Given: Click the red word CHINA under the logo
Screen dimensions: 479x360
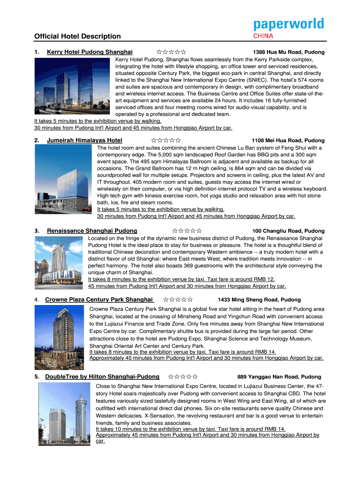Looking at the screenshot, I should point(264,36).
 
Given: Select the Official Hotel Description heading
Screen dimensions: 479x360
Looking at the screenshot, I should point(77,36).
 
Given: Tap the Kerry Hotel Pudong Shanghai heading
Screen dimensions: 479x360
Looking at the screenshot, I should point(90,52).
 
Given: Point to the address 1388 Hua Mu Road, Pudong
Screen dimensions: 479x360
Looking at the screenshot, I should point(288,52).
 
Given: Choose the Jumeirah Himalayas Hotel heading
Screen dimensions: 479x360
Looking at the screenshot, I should point(85,140).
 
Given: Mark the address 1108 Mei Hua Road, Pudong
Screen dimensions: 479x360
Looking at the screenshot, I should point(288,141).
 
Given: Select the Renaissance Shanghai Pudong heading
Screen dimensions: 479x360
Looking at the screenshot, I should point(92,231).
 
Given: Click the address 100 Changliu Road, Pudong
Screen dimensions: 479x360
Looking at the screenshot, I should point(288,231).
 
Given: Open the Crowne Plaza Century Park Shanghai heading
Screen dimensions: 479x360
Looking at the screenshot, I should point(99,299).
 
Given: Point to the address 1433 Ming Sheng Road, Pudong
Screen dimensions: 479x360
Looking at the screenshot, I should point(259,300).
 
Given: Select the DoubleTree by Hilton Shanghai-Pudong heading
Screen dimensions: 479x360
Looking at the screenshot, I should point(102,377).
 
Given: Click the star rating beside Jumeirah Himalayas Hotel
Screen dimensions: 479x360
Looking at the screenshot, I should point(166,140).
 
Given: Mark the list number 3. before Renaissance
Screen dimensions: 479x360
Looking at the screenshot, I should point(36,231).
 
